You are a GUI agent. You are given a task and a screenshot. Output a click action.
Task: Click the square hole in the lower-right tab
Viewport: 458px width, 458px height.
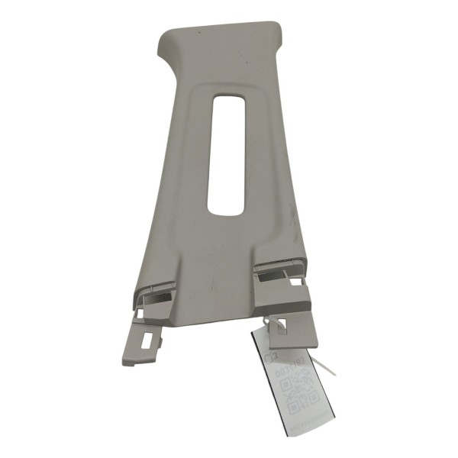[x=280, y=326]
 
